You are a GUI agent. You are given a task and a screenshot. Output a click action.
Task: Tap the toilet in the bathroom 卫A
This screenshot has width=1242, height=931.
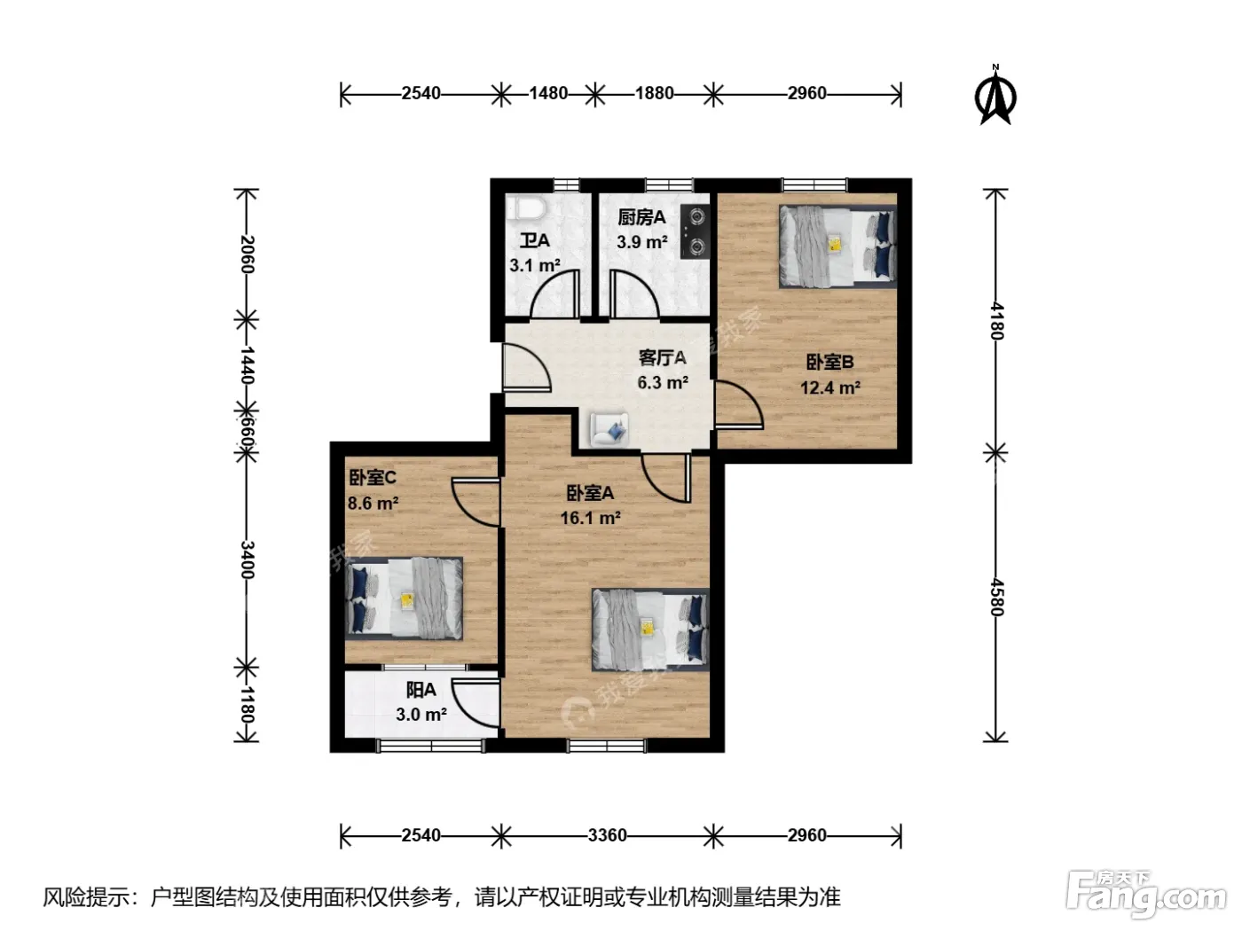pos(526,208)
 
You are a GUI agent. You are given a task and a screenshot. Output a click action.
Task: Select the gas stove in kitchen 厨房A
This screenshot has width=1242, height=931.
pos(696,231)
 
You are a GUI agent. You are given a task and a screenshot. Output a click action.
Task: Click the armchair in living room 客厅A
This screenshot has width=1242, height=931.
pos(609,430)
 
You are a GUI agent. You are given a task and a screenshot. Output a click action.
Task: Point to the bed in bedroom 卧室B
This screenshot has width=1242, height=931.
pos(837,246)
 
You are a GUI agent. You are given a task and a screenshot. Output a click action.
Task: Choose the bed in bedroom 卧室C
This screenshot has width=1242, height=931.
pos(404,598)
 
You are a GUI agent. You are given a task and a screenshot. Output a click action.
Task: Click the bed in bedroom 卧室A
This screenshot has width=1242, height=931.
pos(650,630)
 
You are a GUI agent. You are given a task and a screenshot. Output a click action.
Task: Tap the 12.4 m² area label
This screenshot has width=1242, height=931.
pos(829,387)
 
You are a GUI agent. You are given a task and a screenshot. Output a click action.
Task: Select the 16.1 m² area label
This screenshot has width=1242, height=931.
pos(590,518)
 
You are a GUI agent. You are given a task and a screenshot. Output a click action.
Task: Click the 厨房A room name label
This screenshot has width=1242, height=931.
pos(641,217)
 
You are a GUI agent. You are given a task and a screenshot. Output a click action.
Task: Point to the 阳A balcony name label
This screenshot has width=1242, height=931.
pos(421,690)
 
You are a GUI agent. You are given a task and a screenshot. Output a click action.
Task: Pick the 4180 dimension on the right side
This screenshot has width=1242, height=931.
pos(996,321)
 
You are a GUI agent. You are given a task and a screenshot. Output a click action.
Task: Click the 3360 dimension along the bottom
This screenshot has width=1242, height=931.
pos(607,835)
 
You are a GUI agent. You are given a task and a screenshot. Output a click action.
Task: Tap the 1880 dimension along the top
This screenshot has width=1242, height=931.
pos(654,93)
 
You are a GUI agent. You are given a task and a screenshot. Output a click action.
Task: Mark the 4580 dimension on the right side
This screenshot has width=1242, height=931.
pos(996,598)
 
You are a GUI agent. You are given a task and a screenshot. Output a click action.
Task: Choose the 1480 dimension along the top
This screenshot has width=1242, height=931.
pos(548,93)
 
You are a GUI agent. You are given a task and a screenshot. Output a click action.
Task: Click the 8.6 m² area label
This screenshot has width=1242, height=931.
pos(373,503)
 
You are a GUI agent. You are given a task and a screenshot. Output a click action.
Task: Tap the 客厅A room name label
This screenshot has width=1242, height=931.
pos(662,358)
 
